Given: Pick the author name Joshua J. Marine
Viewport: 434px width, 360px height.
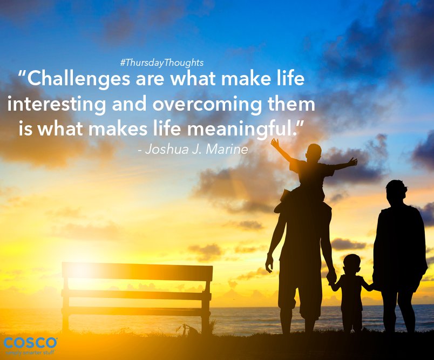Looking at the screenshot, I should [193, 150].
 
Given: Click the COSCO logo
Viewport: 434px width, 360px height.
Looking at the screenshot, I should [30, 343].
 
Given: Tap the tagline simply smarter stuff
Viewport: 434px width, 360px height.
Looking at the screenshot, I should [30, 352].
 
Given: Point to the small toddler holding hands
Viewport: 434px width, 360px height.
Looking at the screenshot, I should [352, 291].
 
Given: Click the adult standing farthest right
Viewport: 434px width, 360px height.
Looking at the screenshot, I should [399, 248].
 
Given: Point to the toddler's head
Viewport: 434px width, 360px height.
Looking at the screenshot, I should [352, 264].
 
